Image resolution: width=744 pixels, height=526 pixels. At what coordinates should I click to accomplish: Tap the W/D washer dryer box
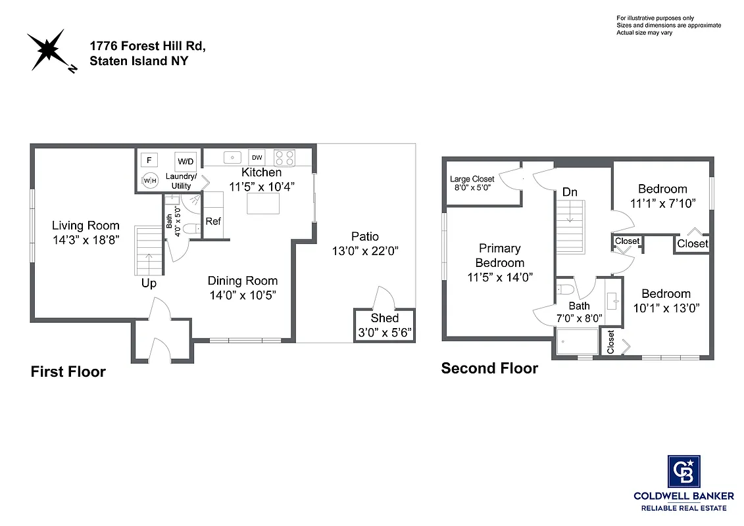186,161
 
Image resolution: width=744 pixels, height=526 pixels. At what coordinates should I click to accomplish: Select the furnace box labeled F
149,160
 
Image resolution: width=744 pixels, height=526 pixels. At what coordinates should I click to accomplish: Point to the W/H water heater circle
150,180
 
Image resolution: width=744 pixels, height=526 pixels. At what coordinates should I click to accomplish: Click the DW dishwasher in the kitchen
257,158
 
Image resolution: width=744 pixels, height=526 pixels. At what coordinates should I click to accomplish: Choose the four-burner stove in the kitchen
284,158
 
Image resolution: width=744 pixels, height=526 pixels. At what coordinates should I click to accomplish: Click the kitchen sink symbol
232,157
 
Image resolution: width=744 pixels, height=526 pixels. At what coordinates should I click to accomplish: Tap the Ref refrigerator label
213,222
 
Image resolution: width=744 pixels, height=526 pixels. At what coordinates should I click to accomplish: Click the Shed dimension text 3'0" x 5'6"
385,332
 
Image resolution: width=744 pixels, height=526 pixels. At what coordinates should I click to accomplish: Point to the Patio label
364,237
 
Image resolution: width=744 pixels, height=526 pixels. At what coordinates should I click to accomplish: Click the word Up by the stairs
149,283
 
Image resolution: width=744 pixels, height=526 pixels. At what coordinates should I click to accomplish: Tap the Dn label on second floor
570,192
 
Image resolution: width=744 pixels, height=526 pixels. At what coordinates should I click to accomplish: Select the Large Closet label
472,179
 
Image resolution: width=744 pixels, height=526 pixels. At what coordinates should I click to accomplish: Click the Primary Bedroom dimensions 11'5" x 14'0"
500,277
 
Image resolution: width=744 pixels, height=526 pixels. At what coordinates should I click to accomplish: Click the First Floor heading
68,372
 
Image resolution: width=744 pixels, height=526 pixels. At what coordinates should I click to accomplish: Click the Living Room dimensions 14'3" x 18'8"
86,240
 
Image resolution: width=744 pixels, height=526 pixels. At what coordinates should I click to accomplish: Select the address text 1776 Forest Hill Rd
148,47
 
